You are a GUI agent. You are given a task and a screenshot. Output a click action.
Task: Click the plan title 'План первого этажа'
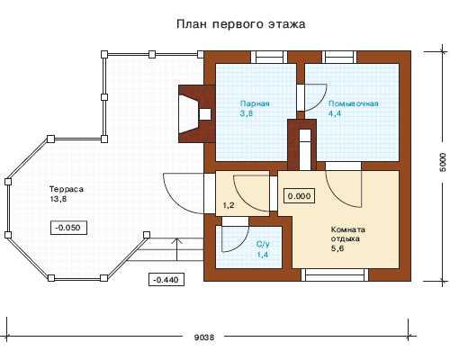pyautogui.click(x=240, y=24)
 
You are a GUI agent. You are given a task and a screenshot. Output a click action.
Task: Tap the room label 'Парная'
pyautogui.click(x=255, y=103)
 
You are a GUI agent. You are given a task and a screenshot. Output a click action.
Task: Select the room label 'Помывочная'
pyautogui.click(x=353, y=103)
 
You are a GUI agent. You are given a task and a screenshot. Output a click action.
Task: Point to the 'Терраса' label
pyautogui.click(x=66, y=189)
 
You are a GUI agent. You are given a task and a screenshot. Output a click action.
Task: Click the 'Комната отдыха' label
pyautogui.click(x=348, y=234)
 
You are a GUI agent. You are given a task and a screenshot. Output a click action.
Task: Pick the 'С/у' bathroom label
pyautogui.click(x=263, y=244)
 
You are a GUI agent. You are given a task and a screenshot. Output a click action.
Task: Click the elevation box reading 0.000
pyautogui.click(x=299, y=196)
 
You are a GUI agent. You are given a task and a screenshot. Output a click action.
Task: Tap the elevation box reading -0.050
pyautogui.click(x=69, y=228)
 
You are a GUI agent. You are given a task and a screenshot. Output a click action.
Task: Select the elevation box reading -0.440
pyautogui.click(x=166, y=280)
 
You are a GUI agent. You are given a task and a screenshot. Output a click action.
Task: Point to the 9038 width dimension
pyautogui.click(x=204, y=337)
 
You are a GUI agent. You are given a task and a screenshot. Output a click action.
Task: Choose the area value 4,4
pyautogui.click(x=335, y=113)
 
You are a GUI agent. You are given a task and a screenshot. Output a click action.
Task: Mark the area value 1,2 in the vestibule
pyautogui.click(x=229, y=205)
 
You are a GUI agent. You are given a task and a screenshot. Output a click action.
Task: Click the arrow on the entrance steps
pyautogui.click(x=177, y=249)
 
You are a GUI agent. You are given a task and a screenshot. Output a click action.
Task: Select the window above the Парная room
pyautogui.click(x=269, y=57)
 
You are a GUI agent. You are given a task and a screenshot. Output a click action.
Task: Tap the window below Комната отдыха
pyautogui.click(x=335, y=274)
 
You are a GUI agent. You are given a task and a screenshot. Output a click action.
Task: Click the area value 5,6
pyautogui.click(x=337, y=248)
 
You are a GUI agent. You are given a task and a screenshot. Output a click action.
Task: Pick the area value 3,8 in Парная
pyautogui.click(x=246, y=113)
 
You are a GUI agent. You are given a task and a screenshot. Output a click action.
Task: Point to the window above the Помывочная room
pyautogui.click(x=339, y=57)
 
